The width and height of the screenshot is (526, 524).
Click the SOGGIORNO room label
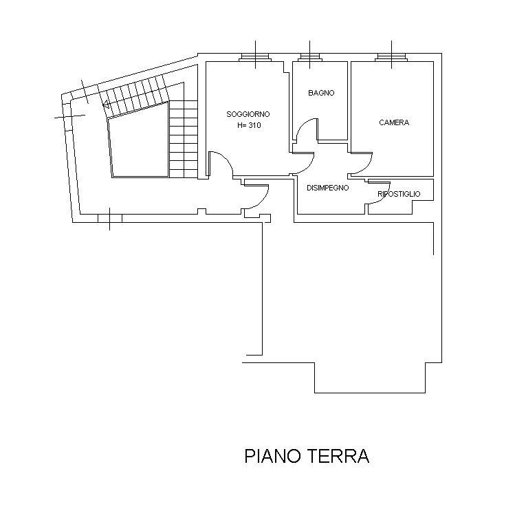click(x=248, y=114)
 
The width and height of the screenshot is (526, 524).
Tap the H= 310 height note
click(x=249, y=125)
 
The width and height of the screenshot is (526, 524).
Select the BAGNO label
click(x=321, y=93)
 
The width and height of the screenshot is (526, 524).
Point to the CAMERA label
click(x=394, y=123)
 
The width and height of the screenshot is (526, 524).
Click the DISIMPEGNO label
click(x=328, y=188)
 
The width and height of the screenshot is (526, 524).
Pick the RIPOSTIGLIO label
click(x=399, y=194)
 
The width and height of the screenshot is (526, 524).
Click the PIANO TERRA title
click(x=307, y=456)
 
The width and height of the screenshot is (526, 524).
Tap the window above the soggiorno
click(x=256, y=57)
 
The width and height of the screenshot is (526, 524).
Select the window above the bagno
click(x=309, y=57)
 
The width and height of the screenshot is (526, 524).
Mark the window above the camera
click(x=391, y=57)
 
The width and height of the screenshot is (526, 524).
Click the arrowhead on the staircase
click(x=106, y=105)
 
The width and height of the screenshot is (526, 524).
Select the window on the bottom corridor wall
click(x=110, y=219)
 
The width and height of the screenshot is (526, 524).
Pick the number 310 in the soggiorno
click(x=254, y=125)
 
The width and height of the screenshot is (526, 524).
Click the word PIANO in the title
click(x=272, y=456)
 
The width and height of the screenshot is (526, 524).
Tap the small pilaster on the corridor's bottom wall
click(x=201, y=211)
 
